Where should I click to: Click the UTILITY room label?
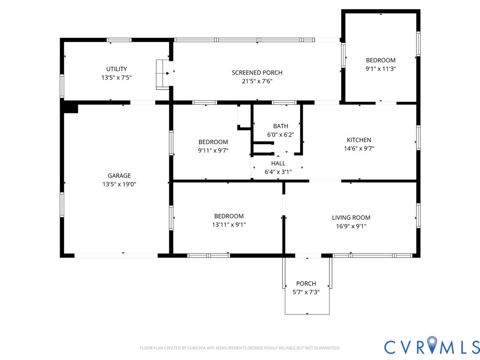116,69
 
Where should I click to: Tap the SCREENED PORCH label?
257,73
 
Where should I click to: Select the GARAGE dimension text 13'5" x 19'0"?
120,184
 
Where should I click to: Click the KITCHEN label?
359,140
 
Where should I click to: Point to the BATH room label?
281,126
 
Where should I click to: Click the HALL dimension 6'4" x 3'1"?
278,172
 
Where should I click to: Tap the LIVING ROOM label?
351,217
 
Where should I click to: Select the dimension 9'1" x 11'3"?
381,68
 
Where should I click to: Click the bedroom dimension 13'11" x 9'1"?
229,225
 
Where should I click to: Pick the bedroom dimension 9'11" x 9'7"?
213,150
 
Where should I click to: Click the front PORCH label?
306,284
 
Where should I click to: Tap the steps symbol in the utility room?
163,75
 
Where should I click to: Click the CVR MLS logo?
432,346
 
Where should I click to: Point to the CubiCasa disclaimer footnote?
240,348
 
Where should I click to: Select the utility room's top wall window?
119,40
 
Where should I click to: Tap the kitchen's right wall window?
418,137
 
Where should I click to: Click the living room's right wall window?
418,216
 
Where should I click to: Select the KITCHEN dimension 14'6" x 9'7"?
359,149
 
